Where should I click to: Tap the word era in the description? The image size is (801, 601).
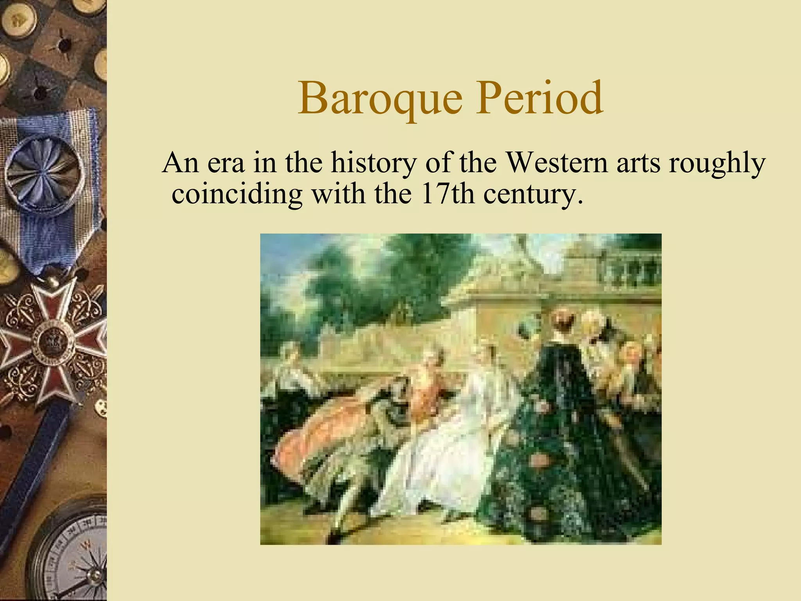click(226, 163)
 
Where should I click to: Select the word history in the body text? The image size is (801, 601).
click(374, 164)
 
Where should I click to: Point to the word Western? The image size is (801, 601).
click(557, 163)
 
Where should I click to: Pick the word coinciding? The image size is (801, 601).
click(237, 194)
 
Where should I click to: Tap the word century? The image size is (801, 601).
click(530, 195)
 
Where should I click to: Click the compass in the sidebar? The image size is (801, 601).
click(74, 556)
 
